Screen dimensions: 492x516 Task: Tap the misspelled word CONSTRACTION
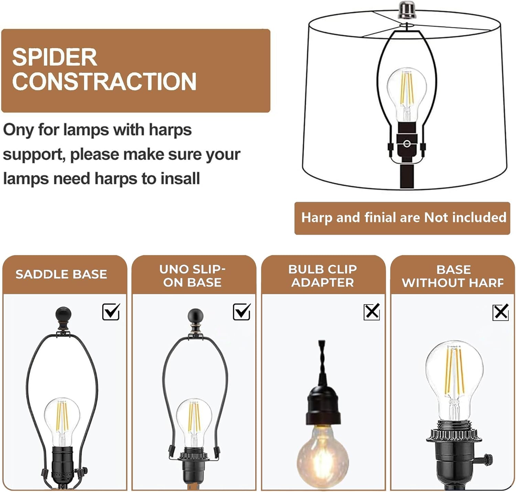point(104,82)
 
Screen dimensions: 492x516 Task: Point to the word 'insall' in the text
point(180,179)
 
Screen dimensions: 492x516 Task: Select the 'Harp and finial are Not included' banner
point(402,218)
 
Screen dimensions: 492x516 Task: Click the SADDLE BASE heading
point(61,275)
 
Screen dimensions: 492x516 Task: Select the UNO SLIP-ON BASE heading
point(192,276)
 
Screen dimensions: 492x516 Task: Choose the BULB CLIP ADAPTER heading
point(322,276)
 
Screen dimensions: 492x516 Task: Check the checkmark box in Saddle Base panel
point(111,312)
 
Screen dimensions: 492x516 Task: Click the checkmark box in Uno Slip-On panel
point(241,312)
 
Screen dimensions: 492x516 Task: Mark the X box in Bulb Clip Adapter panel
point(372,312)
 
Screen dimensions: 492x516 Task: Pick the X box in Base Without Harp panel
point(501,312)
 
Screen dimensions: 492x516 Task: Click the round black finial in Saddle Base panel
point(63,315)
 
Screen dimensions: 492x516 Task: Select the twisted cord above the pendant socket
point(322,361)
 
